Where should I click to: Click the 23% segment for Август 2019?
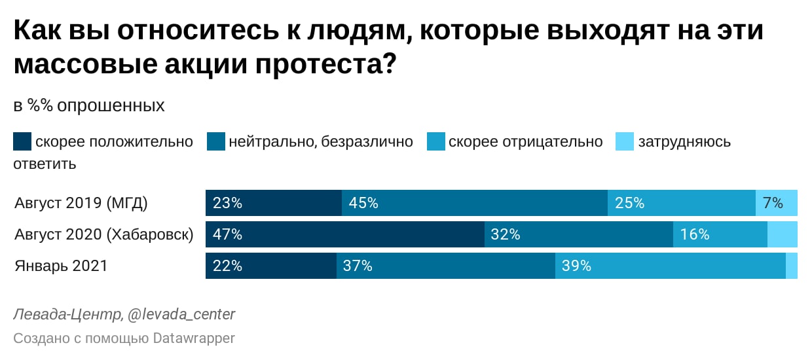[x=274, y=203]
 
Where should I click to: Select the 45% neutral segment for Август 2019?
[x=475, y=203]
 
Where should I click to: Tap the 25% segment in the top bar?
[x=682, y=203]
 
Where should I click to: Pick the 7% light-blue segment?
[x=777, y=203]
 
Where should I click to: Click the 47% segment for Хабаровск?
[x=345, y=234]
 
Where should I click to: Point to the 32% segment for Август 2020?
[x=579, y=234]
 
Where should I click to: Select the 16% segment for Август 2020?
[x=720, y=234]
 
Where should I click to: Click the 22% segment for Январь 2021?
[x=271, y=266]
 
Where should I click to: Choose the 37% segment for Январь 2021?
[x=446, y=266]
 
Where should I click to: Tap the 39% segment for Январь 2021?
[x=671, y=266]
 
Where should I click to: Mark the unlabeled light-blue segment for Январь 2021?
[x=792, y=266]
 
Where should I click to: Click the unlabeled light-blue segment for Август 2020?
[x=783, y=234]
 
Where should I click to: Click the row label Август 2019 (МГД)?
[x=81, y=203]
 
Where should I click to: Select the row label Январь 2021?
[x=61, y=266]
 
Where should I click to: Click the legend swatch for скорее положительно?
[x=22, y=141]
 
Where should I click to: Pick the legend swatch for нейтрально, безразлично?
[x=216, y=141]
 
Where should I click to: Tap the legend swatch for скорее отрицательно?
[x=436, y=141]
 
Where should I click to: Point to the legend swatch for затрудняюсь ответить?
[x=625, y=141]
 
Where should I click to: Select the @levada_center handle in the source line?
[x=181, y=315]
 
